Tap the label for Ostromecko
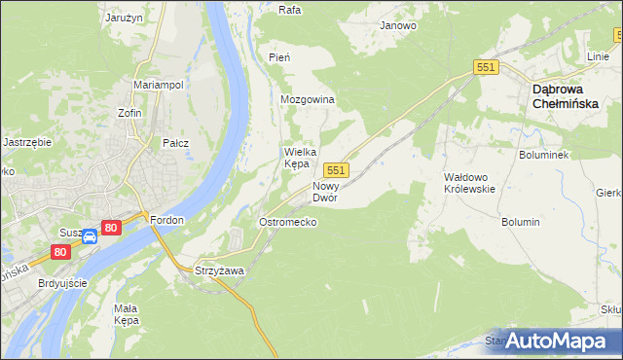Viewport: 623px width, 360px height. (287, 223)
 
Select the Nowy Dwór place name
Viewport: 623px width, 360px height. (325, 192)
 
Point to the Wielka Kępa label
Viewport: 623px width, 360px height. (297, 158)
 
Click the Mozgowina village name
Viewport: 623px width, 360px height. (308, 100)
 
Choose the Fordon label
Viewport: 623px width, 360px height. (167, 220)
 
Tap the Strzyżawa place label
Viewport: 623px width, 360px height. (219, 270)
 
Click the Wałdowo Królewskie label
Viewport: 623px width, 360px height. (470, 182)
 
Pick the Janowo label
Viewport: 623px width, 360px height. (398, 25)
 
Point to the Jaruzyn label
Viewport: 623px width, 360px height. (125, 18)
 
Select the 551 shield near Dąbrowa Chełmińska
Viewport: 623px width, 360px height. (487, 66)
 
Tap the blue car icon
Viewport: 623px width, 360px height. (89, 236)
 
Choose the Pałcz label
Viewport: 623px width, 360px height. (175, 143)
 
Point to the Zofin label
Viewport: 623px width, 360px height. (129, 113)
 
